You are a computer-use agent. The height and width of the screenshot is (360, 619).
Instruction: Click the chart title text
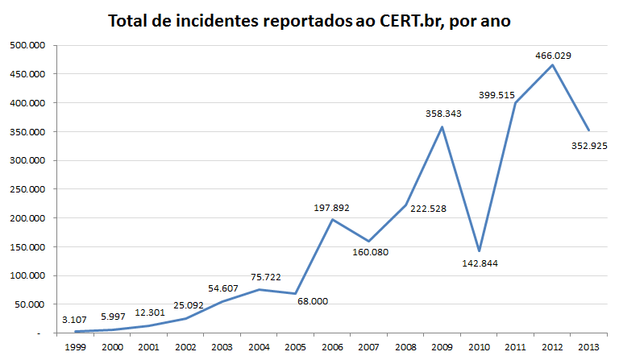click(309, 21)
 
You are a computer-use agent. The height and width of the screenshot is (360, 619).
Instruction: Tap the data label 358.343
click(444, 114)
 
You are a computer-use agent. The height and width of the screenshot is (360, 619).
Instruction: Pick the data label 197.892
click(332, 208)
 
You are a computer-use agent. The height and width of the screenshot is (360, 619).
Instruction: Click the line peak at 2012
click(552, 64)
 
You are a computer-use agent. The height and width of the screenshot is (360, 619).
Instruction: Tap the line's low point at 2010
click(479, 250)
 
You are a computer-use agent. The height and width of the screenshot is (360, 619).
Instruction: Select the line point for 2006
click(332, 219)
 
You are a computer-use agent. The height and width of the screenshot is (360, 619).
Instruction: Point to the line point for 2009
click(442, 126)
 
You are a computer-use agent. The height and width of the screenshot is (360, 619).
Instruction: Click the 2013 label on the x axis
click(588, 346)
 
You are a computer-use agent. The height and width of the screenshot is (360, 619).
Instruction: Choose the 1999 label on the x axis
click(75, 346)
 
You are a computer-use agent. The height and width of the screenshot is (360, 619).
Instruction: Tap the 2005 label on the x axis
click(295, 346)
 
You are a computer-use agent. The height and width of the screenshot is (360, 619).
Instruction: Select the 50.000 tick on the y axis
click(29, 304)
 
